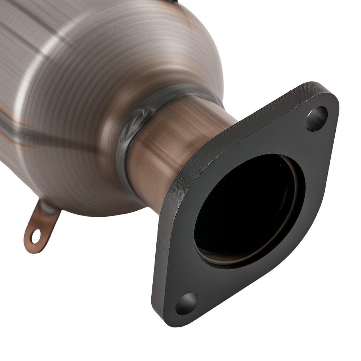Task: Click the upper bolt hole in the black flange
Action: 317,119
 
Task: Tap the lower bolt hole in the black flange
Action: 187,304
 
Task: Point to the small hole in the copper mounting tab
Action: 35,236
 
